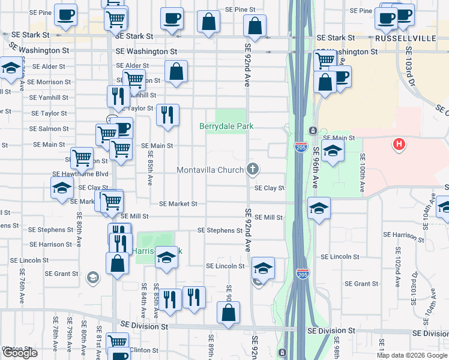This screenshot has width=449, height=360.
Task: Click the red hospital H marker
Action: pyautogui.click(x=398, y=144)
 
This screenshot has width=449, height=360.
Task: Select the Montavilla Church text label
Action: pyautogui.click(x=210, y=170)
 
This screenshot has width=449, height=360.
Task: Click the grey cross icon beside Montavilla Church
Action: pyautogui.click(x=252, y=170)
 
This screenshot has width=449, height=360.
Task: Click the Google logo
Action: pyautogui.click(x=20, y=353)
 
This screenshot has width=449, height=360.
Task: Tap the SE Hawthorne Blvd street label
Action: pyautogui.click(x=80, y=174)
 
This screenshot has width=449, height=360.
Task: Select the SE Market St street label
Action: pyautogui.click(x=178, y=204)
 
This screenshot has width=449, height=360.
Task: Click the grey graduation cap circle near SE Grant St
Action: pyautogui.click(x=92, y=277)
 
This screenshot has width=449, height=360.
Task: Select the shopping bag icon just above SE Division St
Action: pyautogui.click(x=228, y=313)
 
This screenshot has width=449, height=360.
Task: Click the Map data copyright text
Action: pyautogui.click(x=411, y=355)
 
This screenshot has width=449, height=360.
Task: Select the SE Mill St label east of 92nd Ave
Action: pyautogui.click(x=268, y=217)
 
